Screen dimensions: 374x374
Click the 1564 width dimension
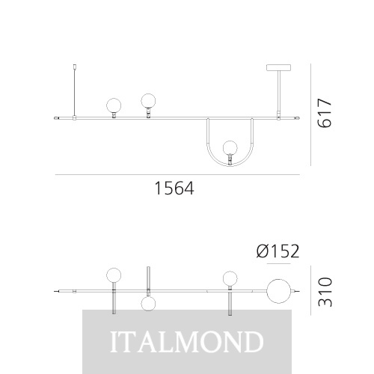pyautogui.click(x=174, y=188)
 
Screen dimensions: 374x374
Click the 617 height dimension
pyautogui.click(x=325, y=113)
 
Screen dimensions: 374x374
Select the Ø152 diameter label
pyautogui.click(x=278, y=251)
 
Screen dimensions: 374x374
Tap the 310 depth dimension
pyautogui.click(x=325, y=292)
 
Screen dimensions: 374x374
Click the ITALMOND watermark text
pyautogui.click(x=187, y=341)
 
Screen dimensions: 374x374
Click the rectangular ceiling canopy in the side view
pyautogui.click(x=278, y=67)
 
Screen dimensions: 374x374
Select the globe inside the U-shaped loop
pyautogui.click(x=230, y=147)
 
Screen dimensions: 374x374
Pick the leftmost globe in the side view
pyautogui.click(x=114, y=105)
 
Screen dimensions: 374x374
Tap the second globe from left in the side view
pyautogui.click(x=148, y=101)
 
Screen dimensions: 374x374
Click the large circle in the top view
pyautogui.click(x=279, y=291)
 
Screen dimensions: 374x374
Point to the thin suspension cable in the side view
pyautogui.click(x=74, y=92)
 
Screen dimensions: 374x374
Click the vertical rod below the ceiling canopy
pyautogui.click(x=278, y=91)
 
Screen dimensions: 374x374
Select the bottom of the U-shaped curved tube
pyautogui.click(x=230, y=166)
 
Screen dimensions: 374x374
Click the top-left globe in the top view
pyautogui.click(x=114, y=275)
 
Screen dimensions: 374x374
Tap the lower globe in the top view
pyautogui.click(x=148, y=304)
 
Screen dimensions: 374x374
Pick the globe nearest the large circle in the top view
pyautogui.click(x=230, y=278)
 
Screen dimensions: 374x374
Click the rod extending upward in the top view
pyautogui.click(x=148, y=278)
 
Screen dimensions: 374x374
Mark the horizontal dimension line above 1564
pyautogui.click(x=177, y=175)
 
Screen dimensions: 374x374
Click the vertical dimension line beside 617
pyautogui.click(x=310, y=114)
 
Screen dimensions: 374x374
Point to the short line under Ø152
pyautogui.click(x=278, y=263)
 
